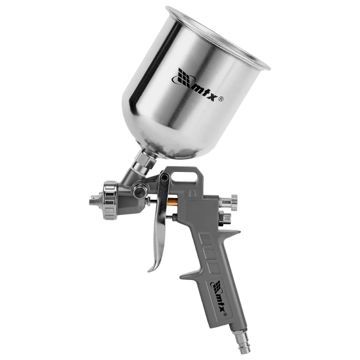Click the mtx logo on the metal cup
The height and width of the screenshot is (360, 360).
(195, 85)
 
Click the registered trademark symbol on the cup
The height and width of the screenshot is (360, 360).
(221, 99)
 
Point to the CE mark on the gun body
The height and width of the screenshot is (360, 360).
(194, 194)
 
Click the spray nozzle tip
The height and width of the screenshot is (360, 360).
(95, 200)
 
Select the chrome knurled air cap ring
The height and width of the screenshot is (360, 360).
(110, 200)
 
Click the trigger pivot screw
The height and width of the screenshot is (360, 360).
(164, 177)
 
